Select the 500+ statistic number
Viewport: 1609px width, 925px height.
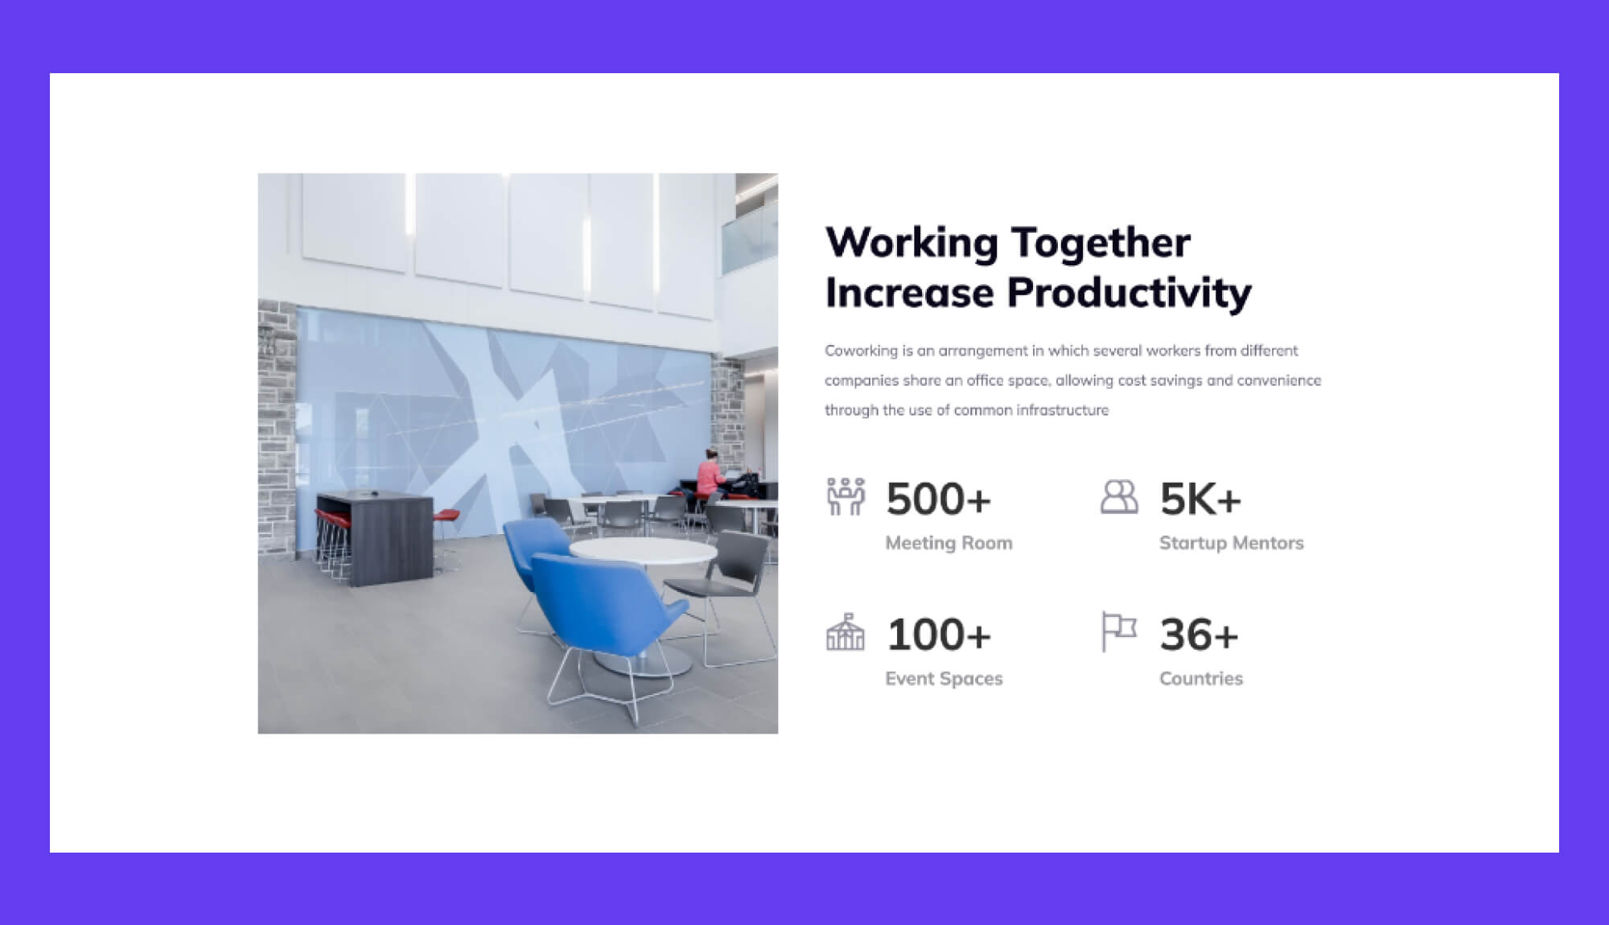pos(939,499)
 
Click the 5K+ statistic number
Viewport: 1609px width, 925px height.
pos(1200,499)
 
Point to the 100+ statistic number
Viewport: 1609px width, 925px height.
pos(939,635)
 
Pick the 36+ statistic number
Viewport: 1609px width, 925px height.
pos(1199,635)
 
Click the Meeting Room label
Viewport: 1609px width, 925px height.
pos(949,543)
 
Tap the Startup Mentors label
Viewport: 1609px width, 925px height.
pos(1231,543)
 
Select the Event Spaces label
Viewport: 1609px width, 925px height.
pos(944,679)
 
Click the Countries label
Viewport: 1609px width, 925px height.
pos(1201,679)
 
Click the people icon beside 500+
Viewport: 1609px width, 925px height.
pos(846,496)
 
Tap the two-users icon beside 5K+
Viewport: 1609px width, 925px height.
pos(1119,496)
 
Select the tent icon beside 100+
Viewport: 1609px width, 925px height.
pos(846,631)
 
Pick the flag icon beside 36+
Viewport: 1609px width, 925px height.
pos(1118,631)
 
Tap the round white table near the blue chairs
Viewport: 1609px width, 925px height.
pos(642,551)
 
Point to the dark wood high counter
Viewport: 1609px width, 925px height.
pos(375,536)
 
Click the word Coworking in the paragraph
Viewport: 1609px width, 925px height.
pos(861,351)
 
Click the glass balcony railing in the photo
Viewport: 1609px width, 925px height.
pos(749,238)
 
